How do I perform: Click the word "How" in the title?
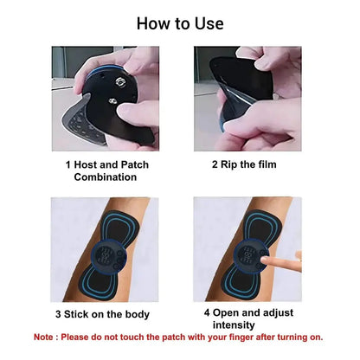tap(153, 23)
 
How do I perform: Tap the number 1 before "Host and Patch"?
tap(68, 164)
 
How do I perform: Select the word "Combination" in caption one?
tap(106, 177)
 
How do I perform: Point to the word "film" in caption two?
tap(267, 164)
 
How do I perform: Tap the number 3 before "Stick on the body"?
tap(58, 314)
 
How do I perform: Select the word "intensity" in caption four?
tap(234, 325)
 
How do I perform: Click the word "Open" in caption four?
tap(226, 313)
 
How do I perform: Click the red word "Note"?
tap(43, 337)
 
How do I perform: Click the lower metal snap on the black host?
tap(112, 101)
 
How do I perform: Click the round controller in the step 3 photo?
tap(107, 255)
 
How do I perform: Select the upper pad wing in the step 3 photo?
tap(120, 227)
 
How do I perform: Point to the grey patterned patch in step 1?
tap(80, 121)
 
